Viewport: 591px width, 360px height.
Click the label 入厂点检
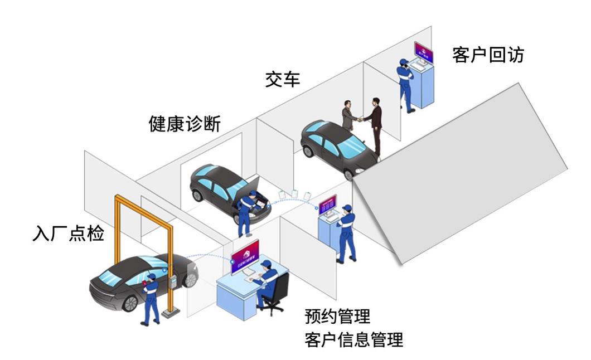[69, 233]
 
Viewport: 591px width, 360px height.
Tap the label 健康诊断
[185, 123]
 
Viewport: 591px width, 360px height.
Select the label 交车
[282, 79]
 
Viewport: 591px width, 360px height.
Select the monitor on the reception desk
[244, 256]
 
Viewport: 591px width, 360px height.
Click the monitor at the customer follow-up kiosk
[423, 53]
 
